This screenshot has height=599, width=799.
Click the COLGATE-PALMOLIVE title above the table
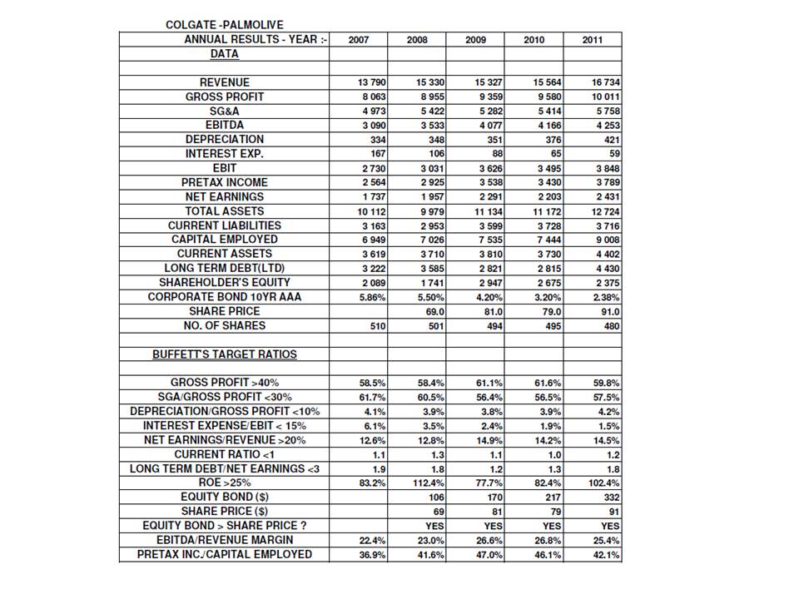[x=224, y=25]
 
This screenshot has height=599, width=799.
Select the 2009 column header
[x=475, y=39]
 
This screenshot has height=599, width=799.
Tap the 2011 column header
[x=593, y=39]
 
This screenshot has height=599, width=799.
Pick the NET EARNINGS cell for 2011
[x=607, y=196]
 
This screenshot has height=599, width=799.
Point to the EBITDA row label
[x=225, y=125]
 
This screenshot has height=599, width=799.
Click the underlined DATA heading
[x=224, y=54]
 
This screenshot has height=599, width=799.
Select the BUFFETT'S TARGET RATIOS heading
[x=225, y=354]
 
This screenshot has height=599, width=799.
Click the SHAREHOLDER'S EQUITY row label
[x=225, y=282]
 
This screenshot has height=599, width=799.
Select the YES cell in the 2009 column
[x=492, y=526]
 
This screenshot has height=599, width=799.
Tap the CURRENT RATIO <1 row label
[x=225, y=454]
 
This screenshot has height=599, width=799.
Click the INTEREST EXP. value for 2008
[x=435, y=154]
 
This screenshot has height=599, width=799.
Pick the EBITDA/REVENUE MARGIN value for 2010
[x=547, y=541]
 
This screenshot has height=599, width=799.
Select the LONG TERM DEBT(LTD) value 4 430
[x=607, y=268]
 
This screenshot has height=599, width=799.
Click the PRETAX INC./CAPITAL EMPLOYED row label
[x=225, y=554]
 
